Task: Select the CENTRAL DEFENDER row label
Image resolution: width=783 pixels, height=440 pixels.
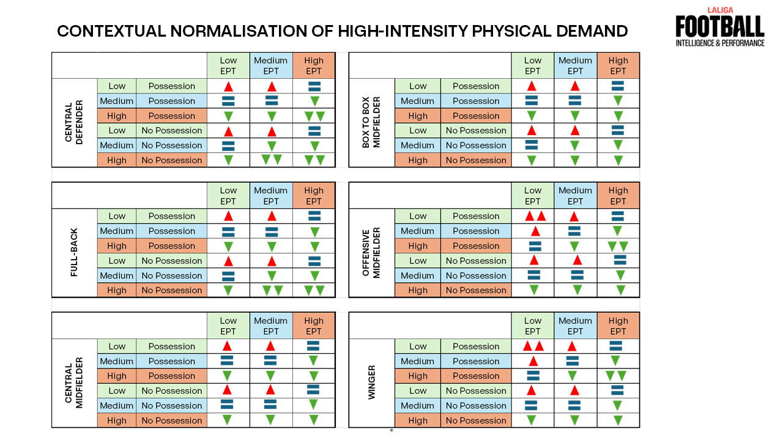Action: tap(74, 123)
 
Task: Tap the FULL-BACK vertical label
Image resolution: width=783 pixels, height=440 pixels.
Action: tap(74, 253)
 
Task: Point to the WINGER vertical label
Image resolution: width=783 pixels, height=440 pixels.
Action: tap(371, 383)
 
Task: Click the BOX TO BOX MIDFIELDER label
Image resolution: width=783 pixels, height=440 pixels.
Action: tap(371, 123)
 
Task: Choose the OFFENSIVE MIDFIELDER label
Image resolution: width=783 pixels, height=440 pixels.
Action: tap(371, 253)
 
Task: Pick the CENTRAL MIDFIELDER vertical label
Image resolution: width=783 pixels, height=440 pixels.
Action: tap(74, 383)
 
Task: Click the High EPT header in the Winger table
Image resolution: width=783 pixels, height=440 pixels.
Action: tap(618, 326)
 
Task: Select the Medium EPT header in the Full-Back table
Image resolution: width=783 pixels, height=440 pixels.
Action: tap(270, 196)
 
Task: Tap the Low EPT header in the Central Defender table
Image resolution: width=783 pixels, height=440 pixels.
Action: tap(228, 65)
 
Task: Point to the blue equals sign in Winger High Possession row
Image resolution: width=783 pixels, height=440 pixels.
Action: tap(533, 376)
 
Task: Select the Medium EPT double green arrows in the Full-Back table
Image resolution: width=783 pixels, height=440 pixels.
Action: tap(272, 291)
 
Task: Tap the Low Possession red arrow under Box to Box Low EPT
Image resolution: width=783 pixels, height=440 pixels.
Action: tap(532, 86)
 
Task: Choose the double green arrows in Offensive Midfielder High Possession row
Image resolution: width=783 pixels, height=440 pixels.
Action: tap(618, 246)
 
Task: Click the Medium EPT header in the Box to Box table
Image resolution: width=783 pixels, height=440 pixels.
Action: tap(575, 65)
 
